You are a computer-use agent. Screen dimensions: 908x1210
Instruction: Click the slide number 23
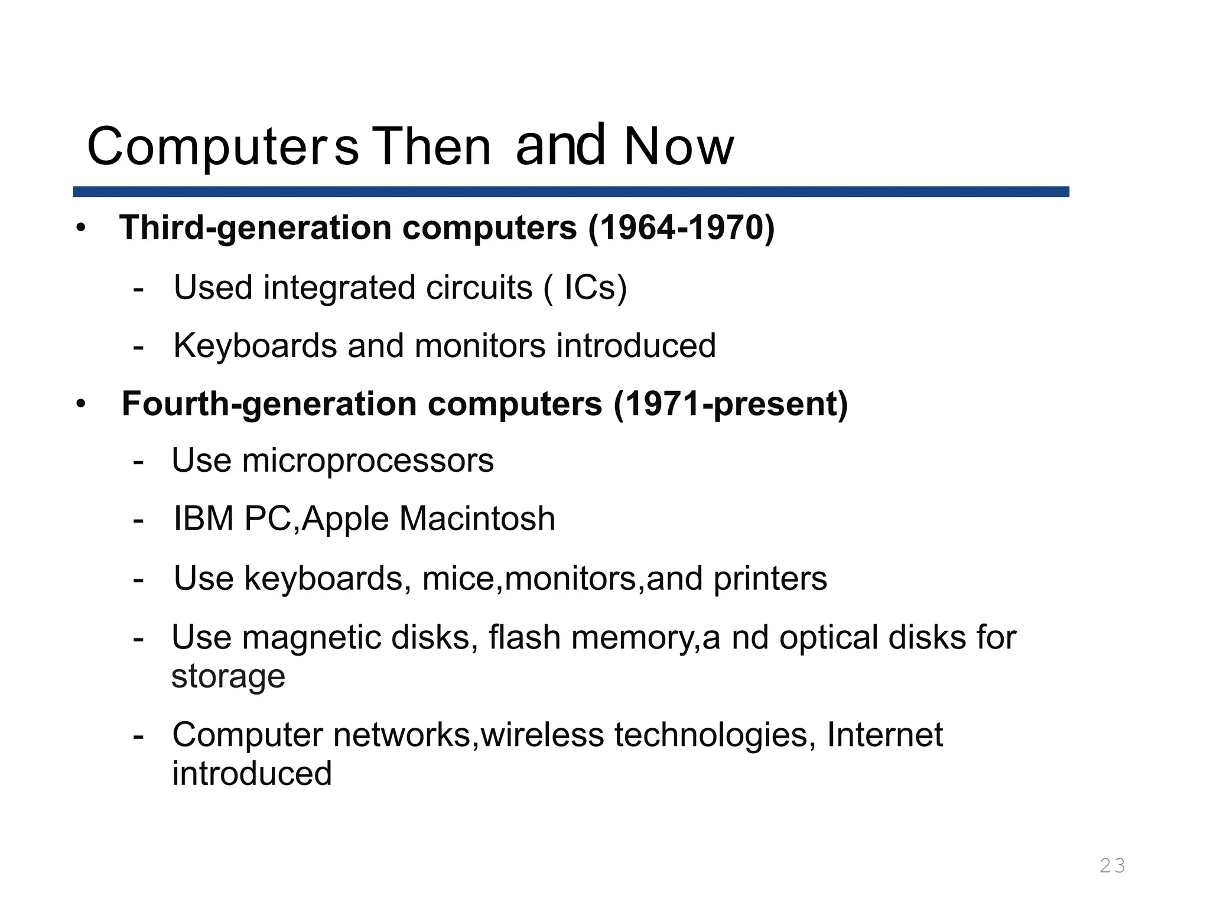coord(1112,865)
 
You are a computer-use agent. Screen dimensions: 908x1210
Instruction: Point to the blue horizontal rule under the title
coord(571,192)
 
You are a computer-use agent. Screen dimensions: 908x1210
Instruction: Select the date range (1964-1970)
coord(681,228)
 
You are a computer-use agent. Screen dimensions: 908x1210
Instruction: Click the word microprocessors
coord(367,461)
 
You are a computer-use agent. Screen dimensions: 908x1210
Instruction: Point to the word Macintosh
coord(477,518)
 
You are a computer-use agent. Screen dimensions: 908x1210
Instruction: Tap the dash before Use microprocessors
coord(138,462)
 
